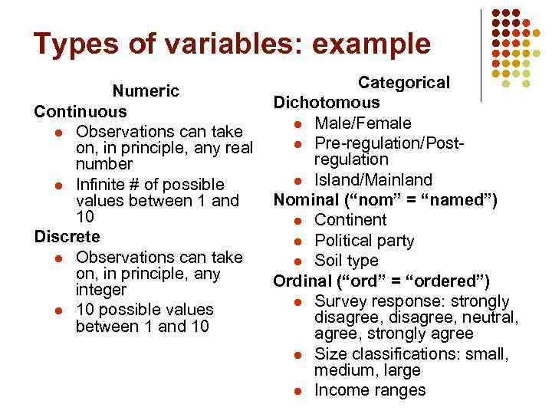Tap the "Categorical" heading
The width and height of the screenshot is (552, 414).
point(405,83)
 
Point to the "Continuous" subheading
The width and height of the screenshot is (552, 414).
point(80,111)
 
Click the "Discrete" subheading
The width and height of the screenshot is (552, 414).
point(67,236)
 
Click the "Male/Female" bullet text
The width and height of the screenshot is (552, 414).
point(363,123)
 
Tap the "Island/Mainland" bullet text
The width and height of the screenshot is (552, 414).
point(373,180)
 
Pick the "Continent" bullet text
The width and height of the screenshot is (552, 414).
point(350,221)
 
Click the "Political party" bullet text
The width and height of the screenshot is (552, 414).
point(364,241)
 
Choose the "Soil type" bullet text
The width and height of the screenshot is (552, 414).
point(347,261)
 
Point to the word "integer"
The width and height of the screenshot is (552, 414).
point(102,291)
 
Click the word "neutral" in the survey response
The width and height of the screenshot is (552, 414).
point(491,317)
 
